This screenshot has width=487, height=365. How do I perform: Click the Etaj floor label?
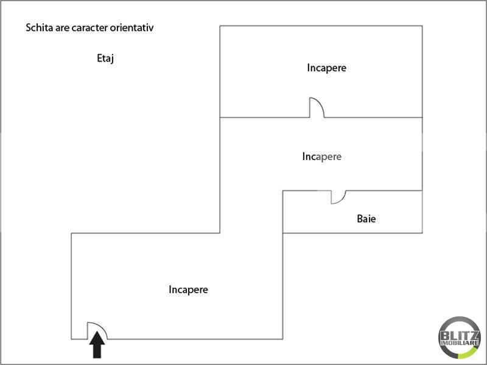point(105,58)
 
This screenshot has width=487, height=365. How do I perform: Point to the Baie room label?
point(366,219)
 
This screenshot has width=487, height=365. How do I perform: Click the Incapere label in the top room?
point(326,68)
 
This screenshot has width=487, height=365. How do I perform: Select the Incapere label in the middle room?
point(322,157)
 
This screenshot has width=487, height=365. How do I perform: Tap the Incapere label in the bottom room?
point(188,290)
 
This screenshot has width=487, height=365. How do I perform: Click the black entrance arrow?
point(97,344)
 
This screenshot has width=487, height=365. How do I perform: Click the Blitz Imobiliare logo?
point(459,338)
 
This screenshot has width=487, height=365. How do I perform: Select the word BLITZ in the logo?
point(459,336)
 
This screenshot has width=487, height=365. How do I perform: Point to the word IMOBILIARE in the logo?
point(459,343)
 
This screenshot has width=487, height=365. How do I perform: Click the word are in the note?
point(63,28)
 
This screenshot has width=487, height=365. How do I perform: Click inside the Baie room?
point(352,212)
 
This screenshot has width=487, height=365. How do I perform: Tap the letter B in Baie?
point(360,219)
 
